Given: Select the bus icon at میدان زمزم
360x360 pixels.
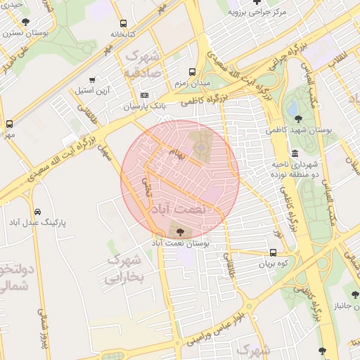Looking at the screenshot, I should tap(192, 72).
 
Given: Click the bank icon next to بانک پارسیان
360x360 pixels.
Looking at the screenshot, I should tap(145, 95).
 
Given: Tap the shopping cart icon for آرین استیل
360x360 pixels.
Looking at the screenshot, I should tap(93, 79).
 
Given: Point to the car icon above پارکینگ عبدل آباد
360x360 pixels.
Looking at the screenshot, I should tap(37, 211).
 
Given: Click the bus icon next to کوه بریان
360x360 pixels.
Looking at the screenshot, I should tap(273, 252).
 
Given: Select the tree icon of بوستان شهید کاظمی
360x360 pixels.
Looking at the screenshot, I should tap(298, 118).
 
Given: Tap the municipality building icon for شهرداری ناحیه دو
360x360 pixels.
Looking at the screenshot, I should tap(294, 153).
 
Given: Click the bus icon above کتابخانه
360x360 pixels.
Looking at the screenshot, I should tap(124, 23).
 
